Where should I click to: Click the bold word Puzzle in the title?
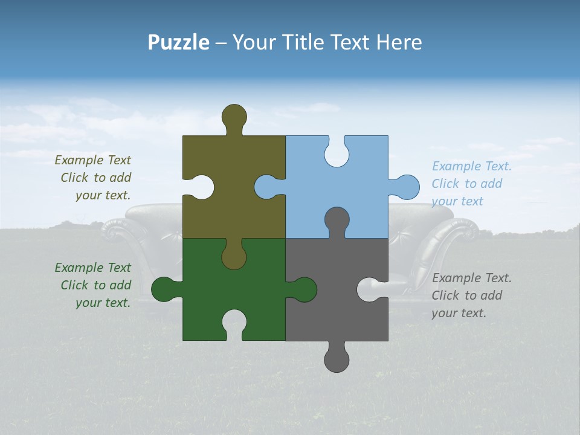(178, 42)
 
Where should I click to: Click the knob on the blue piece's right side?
(406, 187)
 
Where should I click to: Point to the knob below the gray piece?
(337, 358)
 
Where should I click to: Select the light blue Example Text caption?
(471, 184)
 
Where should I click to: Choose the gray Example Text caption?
(471, 295)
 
